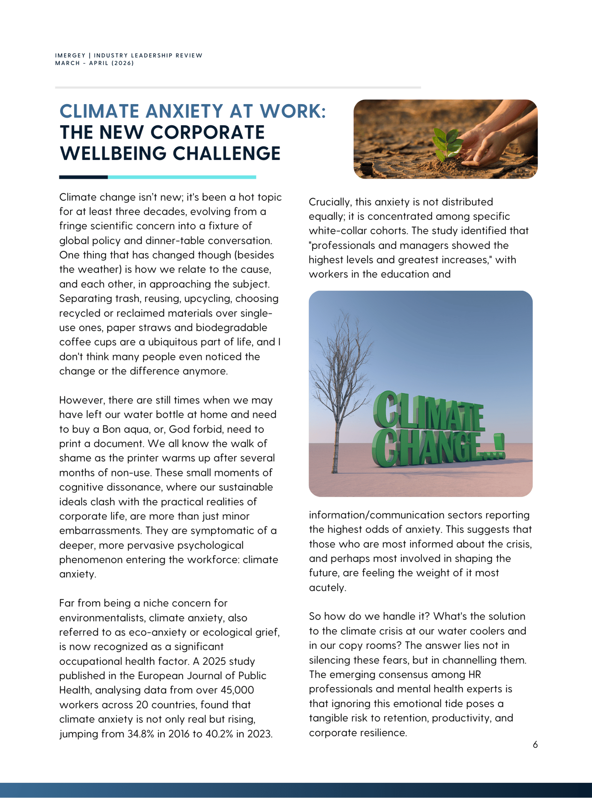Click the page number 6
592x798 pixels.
(x=535, y=745)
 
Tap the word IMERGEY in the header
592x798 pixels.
(x=70, y=55)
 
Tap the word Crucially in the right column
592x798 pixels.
(x=329, y=202)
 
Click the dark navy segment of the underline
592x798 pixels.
(x=83, y=177)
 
